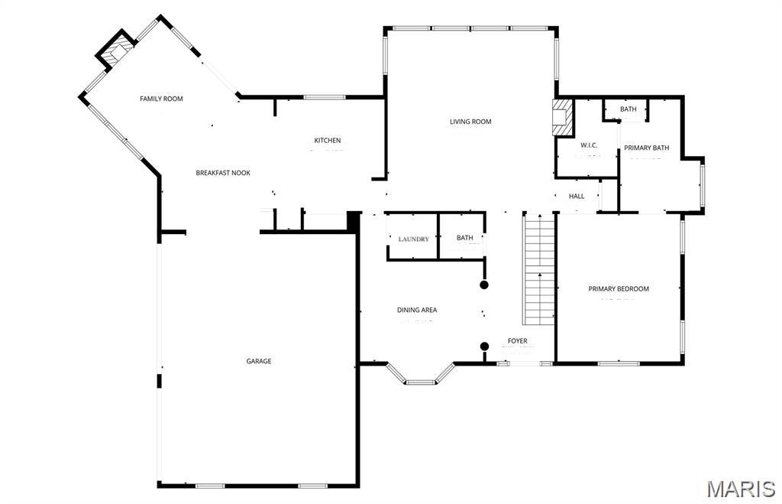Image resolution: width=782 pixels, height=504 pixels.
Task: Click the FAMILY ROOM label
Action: point(161,99)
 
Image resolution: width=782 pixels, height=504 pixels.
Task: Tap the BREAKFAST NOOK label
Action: point(223,173)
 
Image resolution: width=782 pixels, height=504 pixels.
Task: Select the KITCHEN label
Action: point(328,141)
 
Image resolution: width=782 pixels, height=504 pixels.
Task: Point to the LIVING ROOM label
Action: point(470,122)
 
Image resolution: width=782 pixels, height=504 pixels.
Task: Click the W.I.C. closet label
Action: point(588,145)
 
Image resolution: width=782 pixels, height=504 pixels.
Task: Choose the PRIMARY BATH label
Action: point(646,148)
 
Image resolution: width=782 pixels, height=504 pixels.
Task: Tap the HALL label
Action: point(577,197)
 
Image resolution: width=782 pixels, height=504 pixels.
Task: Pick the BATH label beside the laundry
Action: point(465,238)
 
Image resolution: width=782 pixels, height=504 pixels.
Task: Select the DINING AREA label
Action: point(417,310)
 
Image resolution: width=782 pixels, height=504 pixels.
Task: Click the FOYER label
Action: point(518,341)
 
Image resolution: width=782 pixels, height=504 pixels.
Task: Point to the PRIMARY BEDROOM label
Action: point(619,289)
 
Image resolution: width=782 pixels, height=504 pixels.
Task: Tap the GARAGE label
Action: point(259,361)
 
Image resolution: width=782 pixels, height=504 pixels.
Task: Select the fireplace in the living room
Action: point(563,117)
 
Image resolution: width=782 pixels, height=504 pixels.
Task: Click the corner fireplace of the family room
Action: point(115,51)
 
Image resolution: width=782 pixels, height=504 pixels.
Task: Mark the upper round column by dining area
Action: point(484,285)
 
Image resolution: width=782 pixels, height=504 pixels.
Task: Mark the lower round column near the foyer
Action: point(484,346)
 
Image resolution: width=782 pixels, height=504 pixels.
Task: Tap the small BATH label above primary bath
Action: point(628,109)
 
